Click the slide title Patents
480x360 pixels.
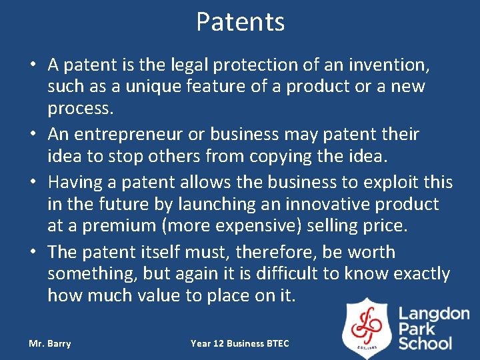[240, 22]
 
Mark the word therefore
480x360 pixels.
[257, 253]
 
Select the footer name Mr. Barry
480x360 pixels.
[50, 344]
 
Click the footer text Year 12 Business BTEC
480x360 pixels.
[240, 344]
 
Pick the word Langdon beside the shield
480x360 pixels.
[434, 314]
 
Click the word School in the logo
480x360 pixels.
[425, 343]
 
